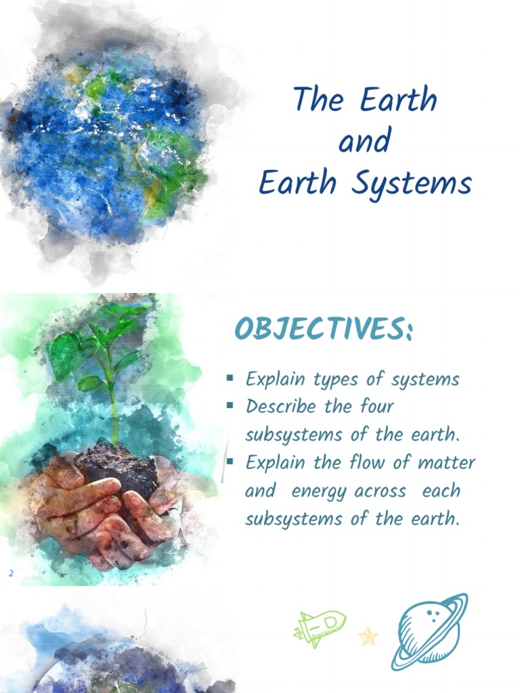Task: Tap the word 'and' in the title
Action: pyautogui.click(x=364, y=142)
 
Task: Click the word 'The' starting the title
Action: pyautogui.click(x=319, y=101)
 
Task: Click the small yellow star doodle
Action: pyautogui.click(x=368, y=636)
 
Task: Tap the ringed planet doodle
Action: pyautogui.click(x=429, y=630)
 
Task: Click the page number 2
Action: pyautogui.click(x=11, y=574)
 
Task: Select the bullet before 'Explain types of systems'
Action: pyautogui.click(x=230, y=378)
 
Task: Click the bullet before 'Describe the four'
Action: pyautogui.click(x=230, y=405)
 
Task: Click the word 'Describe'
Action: pyautogui.click(x=280, y=407)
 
